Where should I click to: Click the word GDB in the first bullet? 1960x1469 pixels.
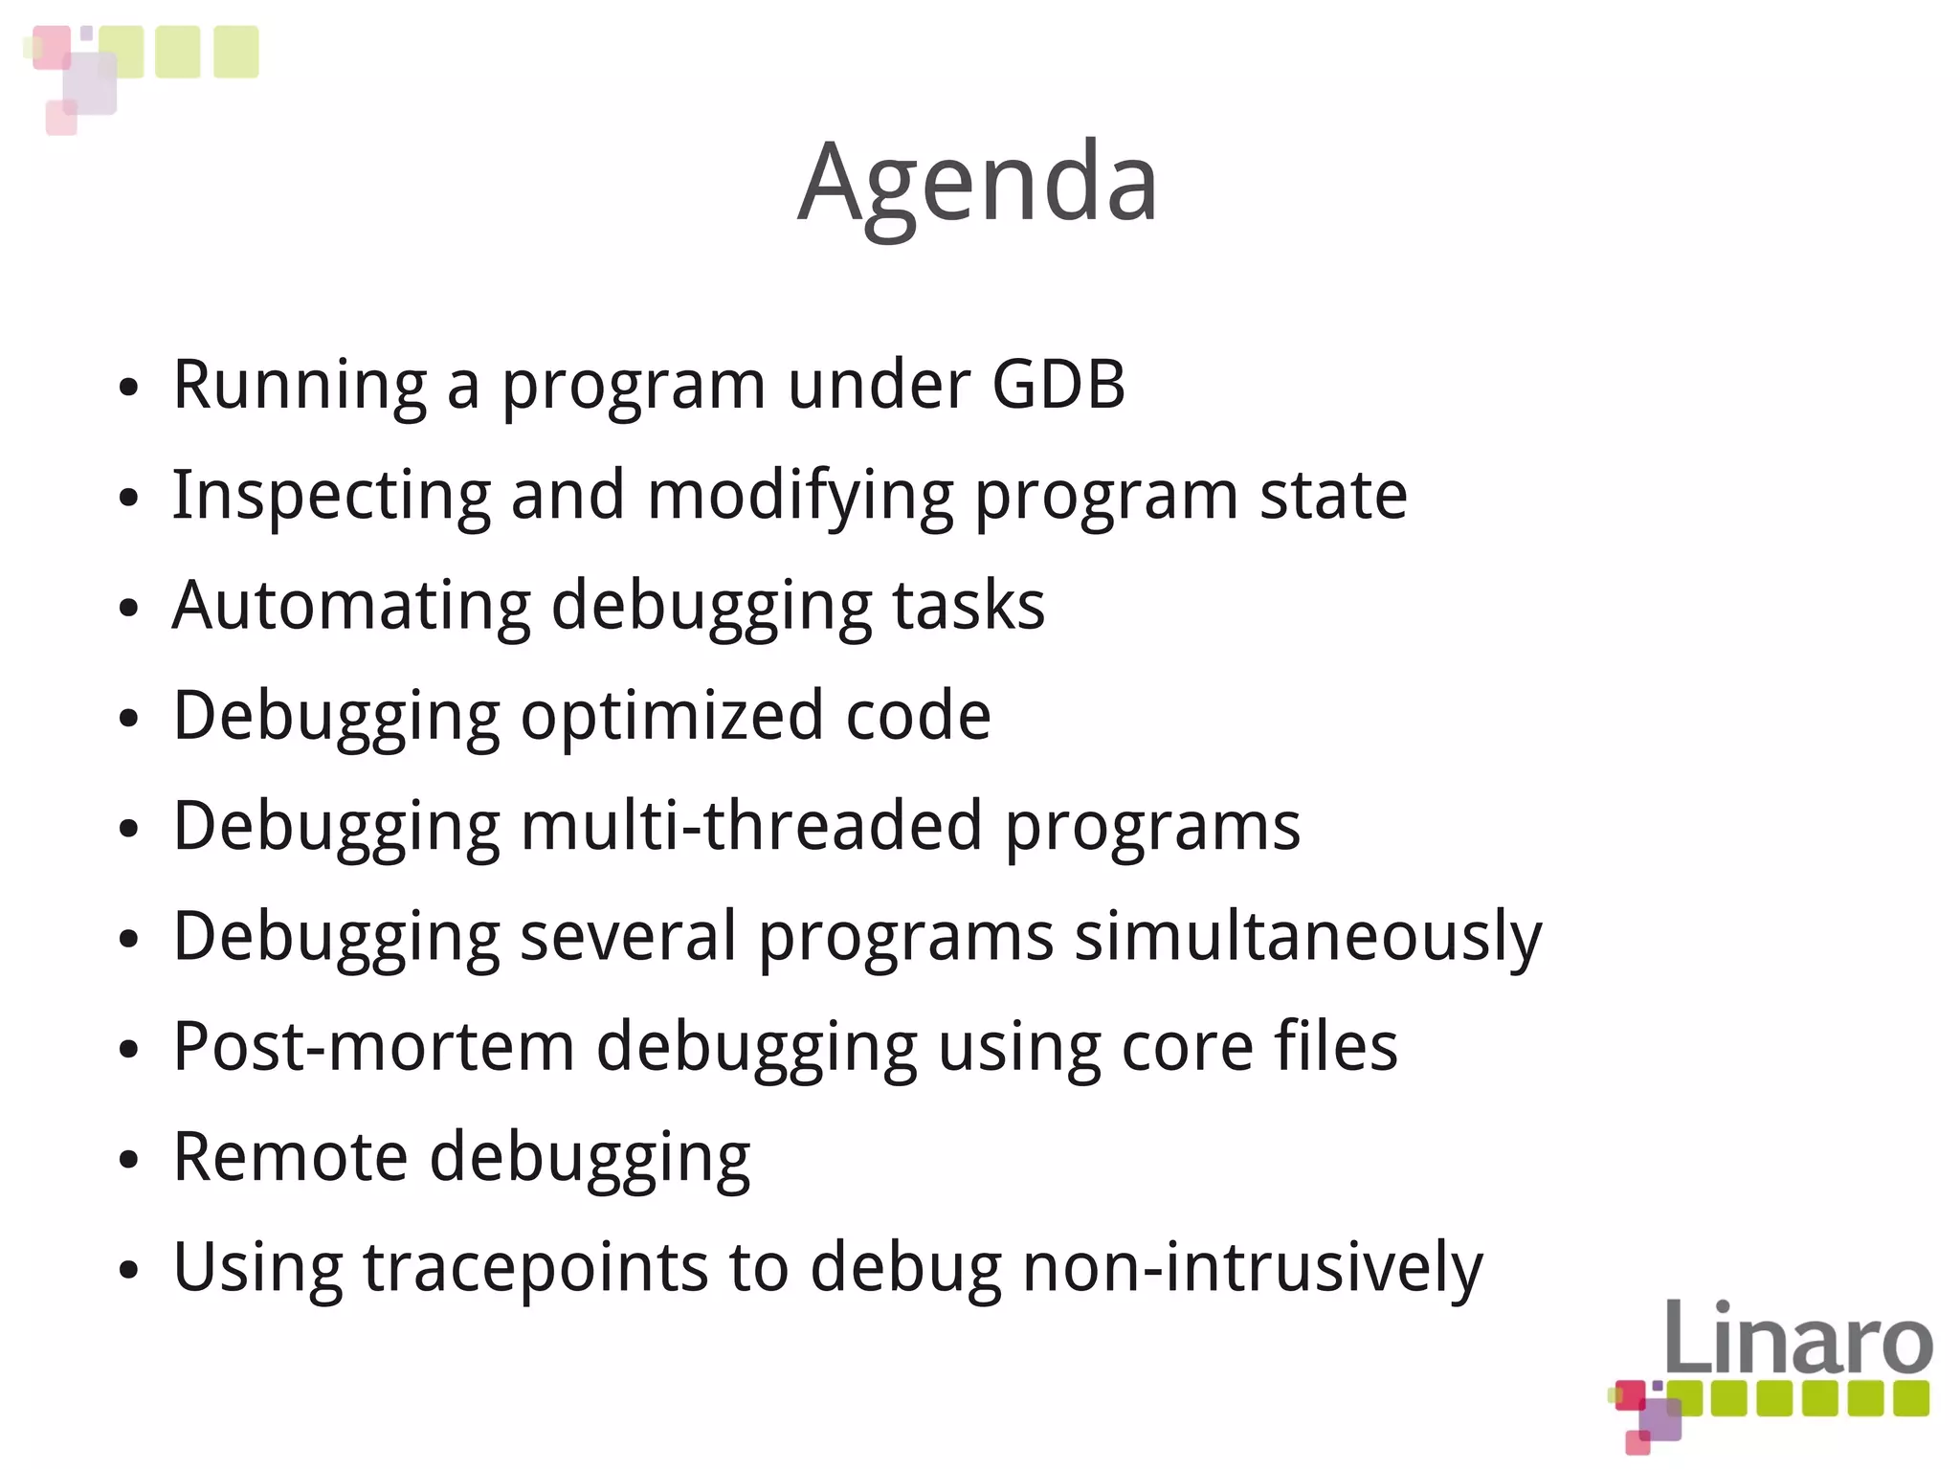(x=1058, y=385)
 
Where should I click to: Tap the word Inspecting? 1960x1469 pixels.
(x=331, y=496)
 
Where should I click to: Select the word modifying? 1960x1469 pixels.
(x=800, y=496)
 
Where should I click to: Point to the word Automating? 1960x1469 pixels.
(x=351, y=606)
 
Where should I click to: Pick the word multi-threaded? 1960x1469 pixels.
(x=751, y=825)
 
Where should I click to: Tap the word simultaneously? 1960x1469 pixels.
(x=1308, y=936)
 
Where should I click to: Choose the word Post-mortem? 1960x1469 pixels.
(x=374, y=1046)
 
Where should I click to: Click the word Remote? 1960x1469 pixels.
(x=290, y=1156)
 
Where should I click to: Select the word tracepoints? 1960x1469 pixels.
(x=535, y=1266)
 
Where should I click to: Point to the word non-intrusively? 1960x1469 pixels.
(x=1253, y=1266)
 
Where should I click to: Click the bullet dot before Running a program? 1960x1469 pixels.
(x=129, y=388)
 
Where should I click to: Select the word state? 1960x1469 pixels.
(x=1333, y=496)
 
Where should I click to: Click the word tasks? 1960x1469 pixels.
(x=969, y=606)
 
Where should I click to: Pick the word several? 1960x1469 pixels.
(x=628, y=936)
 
